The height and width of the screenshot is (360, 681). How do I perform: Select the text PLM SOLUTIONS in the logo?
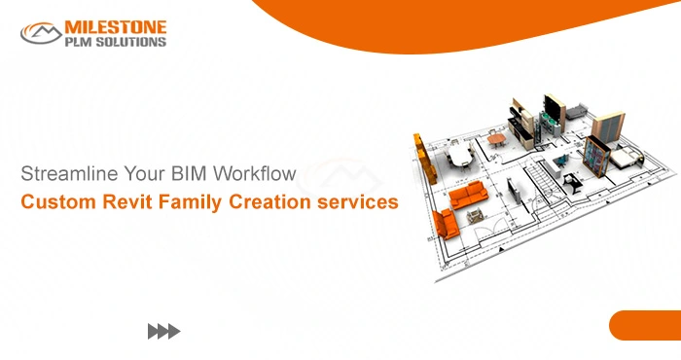(x=116, y=41)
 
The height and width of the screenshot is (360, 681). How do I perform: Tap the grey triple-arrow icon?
(x=163, y=332)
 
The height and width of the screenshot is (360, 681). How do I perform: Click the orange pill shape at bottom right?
(x=645, y=325)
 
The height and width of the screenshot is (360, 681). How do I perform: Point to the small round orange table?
(x=497, y=139)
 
